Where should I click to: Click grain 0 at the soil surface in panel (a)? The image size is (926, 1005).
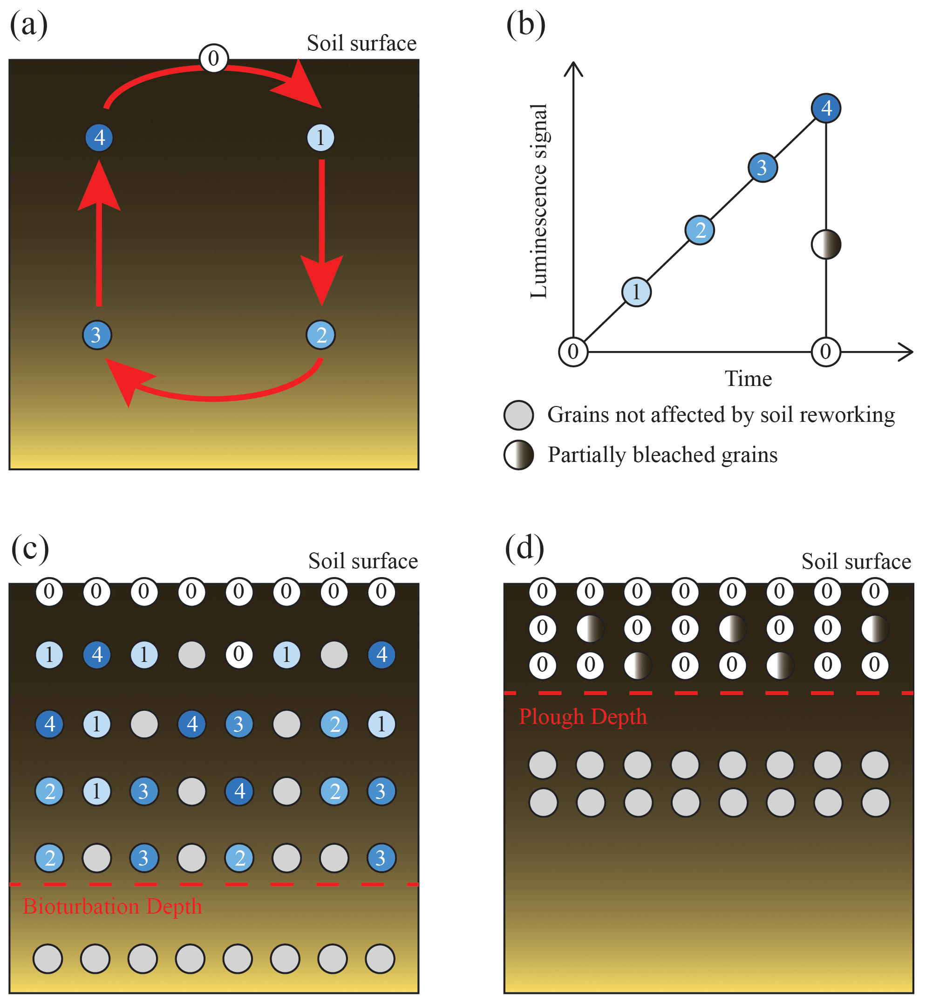click(214, 58)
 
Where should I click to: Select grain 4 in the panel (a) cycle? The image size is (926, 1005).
click(99, 138)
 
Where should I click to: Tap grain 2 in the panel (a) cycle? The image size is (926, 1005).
click(320, 335)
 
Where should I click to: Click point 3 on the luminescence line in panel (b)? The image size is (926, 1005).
click(763, 167)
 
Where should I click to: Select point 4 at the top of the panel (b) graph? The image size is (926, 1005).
click(826, 108)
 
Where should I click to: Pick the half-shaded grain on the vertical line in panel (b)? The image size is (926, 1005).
click(826, 244)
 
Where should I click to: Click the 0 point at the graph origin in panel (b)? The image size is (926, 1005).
click(573, 352)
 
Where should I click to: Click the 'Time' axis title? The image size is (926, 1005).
click(748, 379)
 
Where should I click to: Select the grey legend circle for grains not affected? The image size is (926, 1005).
click(518, 415)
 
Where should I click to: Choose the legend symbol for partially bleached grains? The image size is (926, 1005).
click(518, 455)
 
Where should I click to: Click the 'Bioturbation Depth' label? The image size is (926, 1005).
click(113, 907)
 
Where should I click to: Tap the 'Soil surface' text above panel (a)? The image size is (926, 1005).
click(361, 44)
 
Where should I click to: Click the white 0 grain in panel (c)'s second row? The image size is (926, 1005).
click(239, 655)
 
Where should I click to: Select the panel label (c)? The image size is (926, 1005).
click(30, 548)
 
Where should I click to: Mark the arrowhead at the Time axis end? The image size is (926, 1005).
click(906, 352)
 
